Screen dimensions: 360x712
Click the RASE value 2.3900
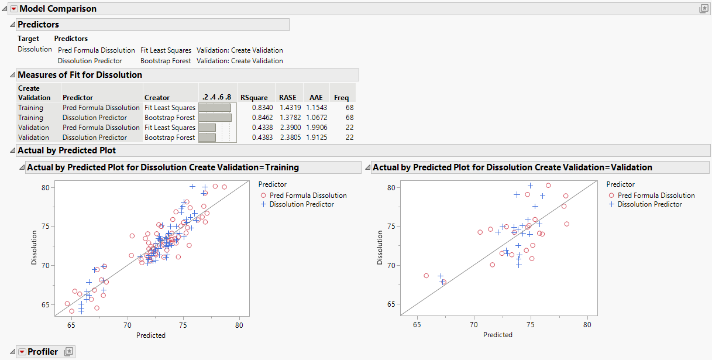(287, 128)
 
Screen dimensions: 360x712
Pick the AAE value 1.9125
(317, 138)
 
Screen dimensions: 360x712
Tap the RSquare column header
(253, 98)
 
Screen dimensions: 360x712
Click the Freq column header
(341, 98)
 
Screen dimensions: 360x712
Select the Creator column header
(157, 98)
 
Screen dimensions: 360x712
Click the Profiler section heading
(43, 352)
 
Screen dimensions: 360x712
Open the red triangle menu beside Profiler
(22, 352)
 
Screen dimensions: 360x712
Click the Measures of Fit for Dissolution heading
(80, 75)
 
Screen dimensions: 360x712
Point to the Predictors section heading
(38, 25)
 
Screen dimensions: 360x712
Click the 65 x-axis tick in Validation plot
(417, 324)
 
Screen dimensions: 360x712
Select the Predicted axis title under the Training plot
(151, 335)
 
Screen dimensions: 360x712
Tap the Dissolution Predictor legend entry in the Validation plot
(649, 204)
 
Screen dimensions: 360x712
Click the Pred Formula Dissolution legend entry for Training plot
(308, 196)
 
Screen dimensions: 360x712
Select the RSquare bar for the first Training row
(215, 108)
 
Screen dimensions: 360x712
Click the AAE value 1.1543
(317, 108)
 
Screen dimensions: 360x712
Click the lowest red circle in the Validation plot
(443, 282)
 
